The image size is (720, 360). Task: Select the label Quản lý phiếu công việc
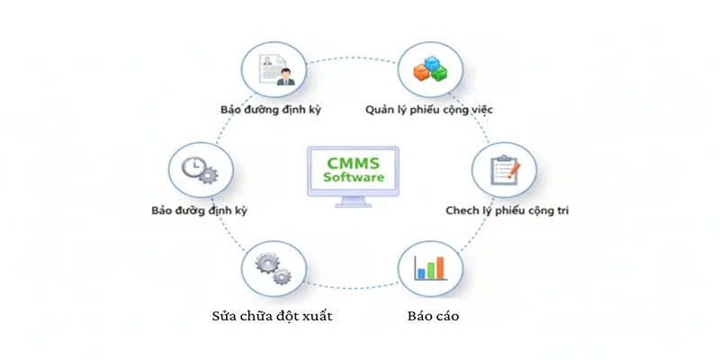coord(428,110)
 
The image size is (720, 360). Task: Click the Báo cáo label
coord(427,317)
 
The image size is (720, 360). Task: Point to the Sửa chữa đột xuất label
coord(266,317)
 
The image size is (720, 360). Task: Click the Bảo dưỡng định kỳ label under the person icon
coord(271,110)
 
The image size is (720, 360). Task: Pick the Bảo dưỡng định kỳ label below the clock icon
coord(201,212)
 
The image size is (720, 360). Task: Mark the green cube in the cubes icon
coord(439,74)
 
